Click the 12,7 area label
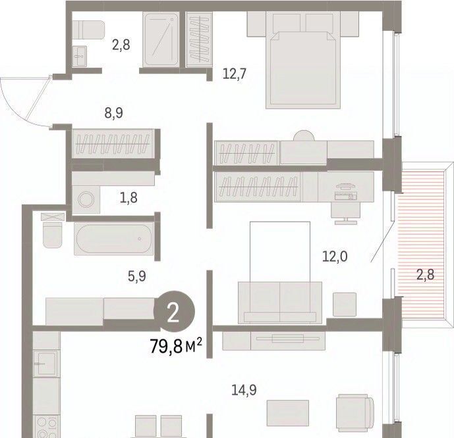click(x=235, y=74)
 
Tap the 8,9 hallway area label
click(x=114, y=112)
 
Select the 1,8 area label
click(x=129, y=198)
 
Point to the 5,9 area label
click(x=137, y=276)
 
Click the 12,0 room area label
click(x=335, y=256)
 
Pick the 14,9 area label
click(x=244, y=390)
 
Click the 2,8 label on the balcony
click(x=425, y=274)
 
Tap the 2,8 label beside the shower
click(x=121, y=45)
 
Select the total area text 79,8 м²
click(x=176, y=347)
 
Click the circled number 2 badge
click(x=174, y=311)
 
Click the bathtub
click(x=113, y=239)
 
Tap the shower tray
click(x=160, y=39)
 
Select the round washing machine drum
click(x=86, y=199)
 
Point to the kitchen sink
click(x=46, y=364)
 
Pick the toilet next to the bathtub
click(x=53, y=235)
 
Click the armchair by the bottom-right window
click(x=355, y=413)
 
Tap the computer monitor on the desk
click(x=346, y=187)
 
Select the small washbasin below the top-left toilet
click(x=79, y=57)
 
